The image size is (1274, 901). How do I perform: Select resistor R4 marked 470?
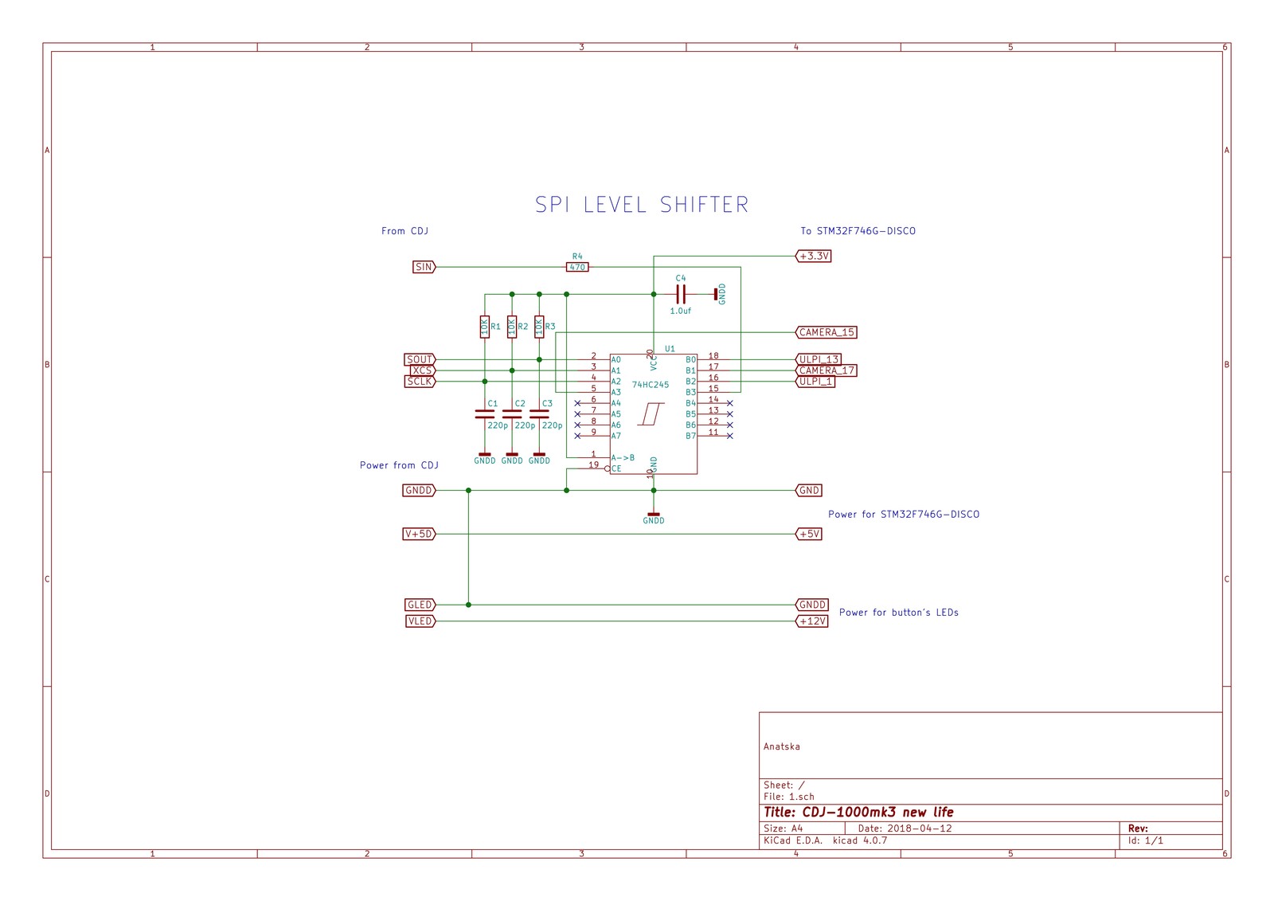tap(577, 267)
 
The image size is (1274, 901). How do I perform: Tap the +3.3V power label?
tap(814, 256)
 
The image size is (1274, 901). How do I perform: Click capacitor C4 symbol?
tap(681, 294)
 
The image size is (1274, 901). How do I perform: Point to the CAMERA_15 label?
tap(827, 332)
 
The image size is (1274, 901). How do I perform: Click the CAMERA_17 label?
tap(827, 370)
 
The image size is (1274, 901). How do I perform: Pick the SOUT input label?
tap(420, 359)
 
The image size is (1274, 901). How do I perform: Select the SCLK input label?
tap(420, 382)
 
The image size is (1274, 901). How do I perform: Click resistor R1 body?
tap(484, 327)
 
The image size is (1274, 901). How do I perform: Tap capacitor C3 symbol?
tap(539, 414)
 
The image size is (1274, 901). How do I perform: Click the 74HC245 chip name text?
tap(651, 385)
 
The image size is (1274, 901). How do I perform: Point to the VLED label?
tap(420, 621)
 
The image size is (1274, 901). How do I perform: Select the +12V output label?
tap(812, 621)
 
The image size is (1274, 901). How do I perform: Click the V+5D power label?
tap(419, 534)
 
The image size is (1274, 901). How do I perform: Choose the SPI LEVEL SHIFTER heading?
tap(642, 205)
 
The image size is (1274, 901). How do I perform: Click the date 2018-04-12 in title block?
tap(920, 829)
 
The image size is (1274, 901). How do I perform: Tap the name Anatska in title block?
tap(781, 746)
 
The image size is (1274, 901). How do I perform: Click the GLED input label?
tap(420, 605)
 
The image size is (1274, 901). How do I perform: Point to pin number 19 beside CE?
tap(593, 464)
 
